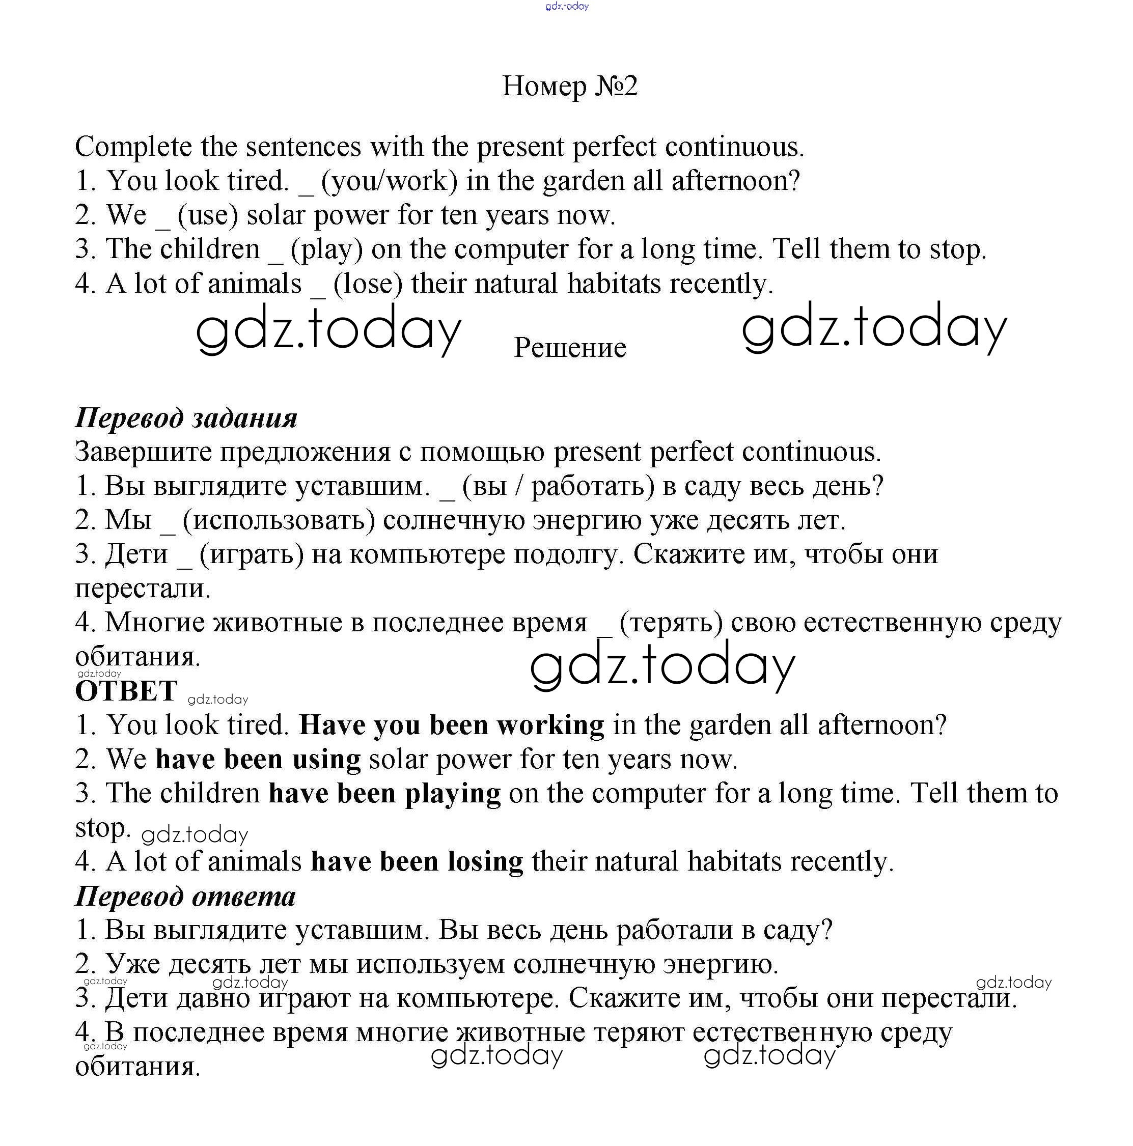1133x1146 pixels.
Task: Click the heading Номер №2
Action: point(569,86)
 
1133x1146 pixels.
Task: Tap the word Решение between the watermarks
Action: point(569,348)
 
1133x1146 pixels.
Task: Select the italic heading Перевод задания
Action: point(186,417)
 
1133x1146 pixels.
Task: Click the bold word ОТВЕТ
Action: point(126,690)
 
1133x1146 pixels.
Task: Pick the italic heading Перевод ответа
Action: point(185,896)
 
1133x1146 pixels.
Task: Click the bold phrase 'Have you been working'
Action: point(452,725)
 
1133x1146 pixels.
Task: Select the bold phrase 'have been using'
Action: point(258,759)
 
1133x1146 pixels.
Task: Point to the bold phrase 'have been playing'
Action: point(384,793)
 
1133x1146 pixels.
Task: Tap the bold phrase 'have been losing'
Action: point(417,861)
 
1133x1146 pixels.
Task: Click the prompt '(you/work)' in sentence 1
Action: point(389,181)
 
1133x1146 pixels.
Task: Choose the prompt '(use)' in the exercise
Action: point(208,215)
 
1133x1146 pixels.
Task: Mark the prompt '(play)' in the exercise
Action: point(326,249)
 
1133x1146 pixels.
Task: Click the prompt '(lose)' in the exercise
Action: point(368,284)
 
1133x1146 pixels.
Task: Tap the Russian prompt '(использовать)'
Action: point(279,520)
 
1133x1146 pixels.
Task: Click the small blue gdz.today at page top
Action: point(566,7)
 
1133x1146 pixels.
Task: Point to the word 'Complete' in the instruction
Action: point(133,147)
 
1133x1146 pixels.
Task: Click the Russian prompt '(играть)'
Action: point(252,554)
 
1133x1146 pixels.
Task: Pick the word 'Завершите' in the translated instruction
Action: point(144,452)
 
